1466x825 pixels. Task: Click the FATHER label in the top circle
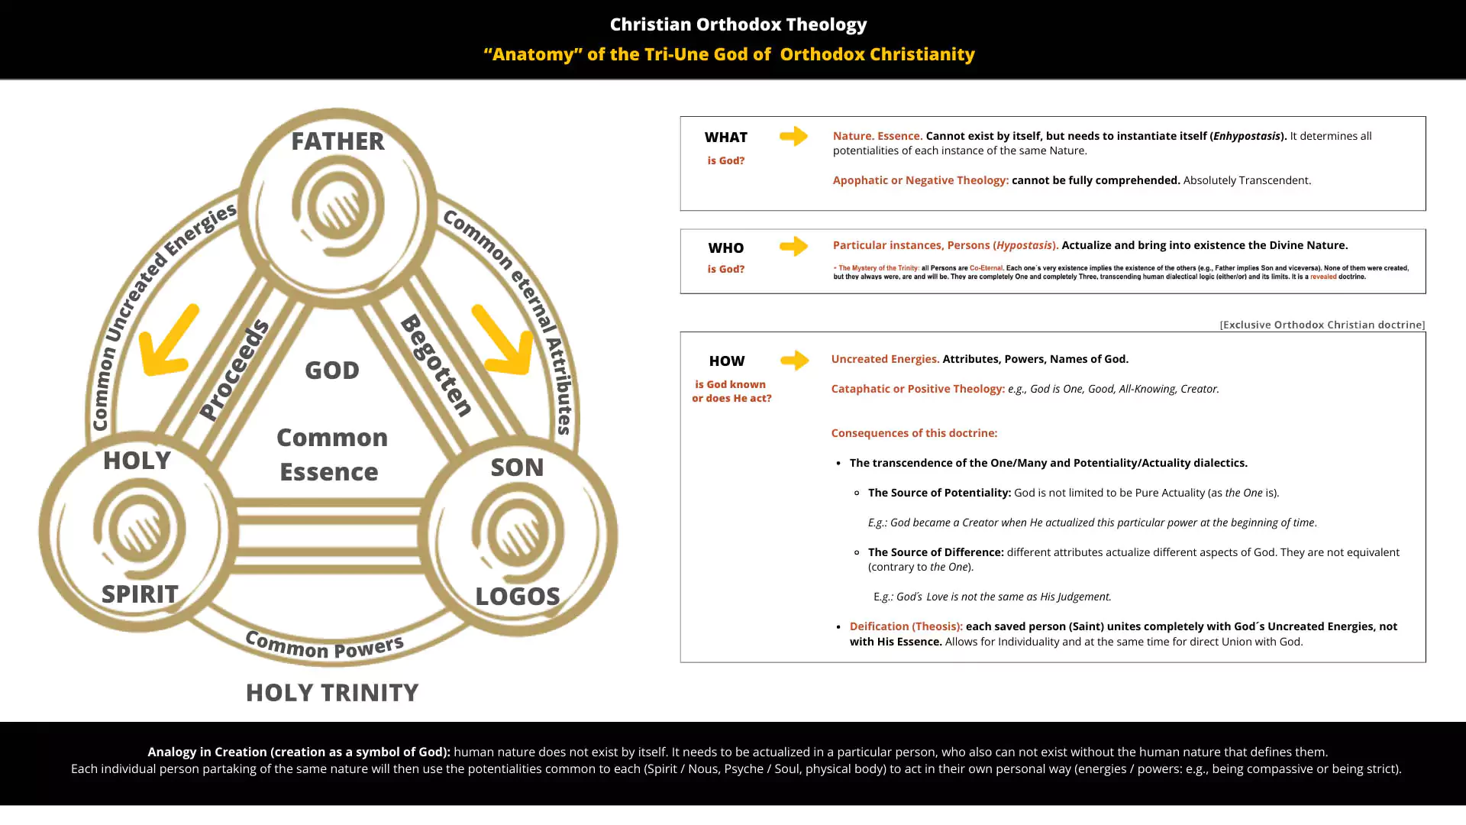pos(337,141)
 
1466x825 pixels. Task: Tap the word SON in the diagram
pos(517,467)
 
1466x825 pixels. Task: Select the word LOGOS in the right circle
pos(517,597)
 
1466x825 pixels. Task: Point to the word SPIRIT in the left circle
pos(140,594)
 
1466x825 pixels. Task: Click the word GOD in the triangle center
pos(331,370)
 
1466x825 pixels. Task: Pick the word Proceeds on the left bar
pos(234,370)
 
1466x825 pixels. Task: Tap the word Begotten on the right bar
pos(437,365)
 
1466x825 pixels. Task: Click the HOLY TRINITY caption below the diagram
pos(331,693)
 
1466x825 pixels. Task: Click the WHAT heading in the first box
pos(725,137)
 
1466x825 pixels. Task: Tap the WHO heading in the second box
pos(725,248)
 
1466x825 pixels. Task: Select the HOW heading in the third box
pos(726,361)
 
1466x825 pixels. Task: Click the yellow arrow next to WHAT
pos(793,136)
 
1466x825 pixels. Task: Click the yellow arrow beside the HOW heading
pos(794,360)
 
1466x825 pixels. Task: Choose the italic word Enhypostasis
pos(1246,136)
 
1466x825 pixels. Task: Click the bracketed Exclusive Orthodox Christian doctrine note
pos(1322,325)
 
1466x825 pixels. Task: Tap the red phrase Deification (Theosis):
pos(906,626)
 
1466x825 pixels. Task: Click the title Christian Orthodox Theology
pos(738,24)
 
